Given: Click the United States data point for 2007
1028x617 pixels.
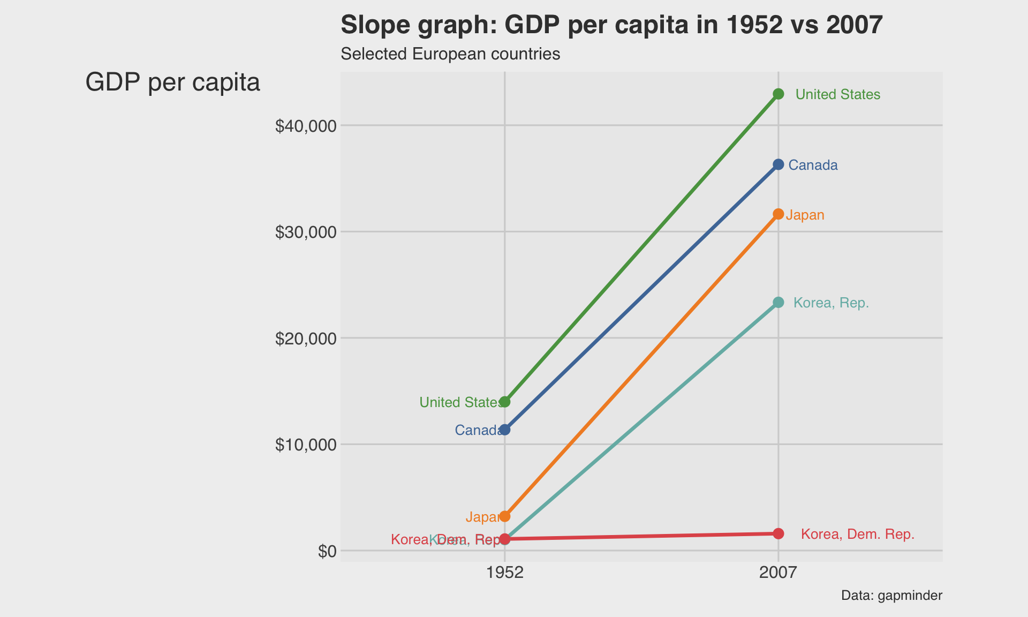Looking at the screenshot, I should click(x=778, y=94).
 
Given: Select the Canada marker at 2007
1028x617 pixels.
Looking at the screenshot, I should click(x=778, y=164).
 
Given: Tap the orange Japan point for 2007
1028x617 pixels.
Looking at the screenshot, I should click(x=778, y=214).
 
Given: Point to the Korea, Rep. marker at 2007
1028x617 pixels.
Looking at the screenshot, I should click(x=778, y=303).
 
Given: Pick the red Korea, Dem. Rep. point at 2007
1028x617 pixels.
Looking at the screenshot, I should click(x=778, y=533).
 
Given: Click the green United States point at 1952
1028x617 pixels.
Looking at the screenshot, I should click(x=504, y=402).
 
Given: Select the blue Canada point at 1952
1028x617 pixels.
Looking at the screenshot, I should click(x=504, y=430).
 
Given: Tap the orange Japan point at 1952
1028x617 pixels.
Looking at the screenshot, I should click(x=504, y=516).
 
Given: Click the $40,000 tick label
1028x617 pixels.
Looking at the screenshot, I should click(x=306, y=126).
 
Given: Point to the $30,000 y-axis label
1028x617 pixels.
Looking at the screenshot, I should click(x=306, y=232).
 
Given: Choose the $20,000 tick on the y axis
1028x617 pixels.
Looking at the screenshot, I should click(x=306, y=338).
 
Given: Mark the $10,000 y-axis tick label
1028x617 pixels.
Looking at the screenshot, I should click(x=306, y=445).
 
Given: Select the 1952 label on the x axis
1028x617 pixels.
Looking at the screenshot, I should click(x=504, y=573).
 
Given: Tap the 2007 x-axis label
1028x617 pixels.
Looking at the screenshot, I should click(x=778, y=573).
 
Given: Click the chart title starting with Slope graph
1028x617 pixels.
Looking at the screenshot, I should click(x=611, y=25).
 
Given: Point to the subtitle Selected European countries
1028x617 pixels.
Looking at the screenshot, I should click(x=450, y=54).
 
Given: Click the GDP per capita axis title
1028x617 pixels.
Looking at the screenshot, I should click(x=173, y=82).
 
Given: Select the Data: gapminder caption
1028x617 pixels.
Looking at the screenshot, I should click(x=891, y=596).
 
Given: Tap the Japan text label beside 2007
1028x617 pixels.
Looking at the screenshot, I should click(x=805, y=215).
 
